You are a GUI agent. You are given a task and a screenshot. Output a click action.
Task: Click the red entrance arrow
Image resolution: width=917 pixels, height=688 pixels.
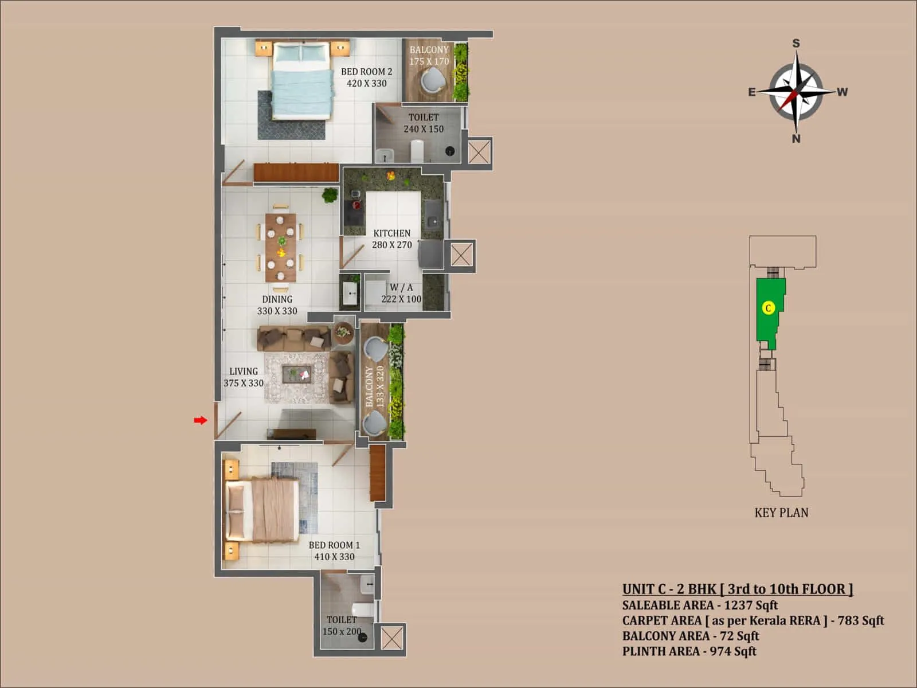[200, 421]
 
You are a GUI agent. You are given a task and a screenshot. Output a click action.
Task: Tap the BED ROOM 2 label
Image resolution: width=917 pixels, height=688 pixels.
[366, 77]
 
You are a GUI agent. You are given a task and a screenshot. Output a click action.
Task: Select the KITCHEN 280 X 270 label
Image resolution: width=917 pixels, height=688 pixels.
[392, 239]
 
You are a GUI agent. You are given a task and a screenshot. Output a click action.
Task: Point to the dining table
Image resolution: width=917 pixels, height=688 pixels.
[281, 247]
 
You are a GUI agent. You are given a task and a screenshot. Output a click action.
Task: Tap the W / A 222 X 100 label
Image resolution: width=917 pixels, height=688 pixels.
[401, 293]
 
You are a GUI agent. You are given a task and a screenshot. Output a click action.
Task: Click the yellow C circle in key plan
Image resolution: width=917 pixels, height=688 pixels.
[769, 308]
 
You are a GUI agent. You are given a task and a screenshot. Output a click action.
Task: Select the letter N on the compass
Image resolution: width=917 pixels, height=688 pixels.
[796, 138]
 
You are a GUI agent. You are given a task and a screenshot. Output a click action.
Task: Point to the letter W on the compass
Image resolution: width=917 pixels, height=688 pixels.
[842, 92]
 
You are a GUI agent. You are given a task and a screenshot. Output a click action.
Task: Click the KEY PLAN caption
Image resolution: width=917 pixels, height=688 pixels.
[781, 513]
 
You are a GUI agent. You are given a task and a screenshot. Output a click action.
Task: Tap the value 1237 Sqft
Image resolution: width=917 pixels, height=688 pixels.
[751, 605]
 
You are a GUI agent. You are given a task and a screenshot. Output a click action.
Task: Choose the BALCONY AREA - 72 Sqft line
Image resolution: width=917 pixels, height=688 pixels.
[691, 636]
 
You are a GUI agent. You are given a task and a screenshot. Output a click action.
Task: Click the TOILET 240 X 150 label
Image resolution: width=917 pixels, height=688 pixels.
[424, 123]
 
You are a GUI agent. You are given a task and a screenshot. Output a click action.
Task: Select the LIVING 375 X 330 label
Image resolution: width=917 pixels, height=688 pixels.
[244, 377]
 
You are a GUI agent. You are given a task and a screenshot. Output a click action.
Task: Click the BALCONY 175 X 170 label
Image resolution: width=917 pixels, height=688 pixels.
[429, 56]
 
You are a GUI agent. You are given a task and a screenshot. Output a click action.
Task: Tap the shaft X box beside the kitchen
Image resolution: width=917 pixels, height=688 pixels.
[461, 255]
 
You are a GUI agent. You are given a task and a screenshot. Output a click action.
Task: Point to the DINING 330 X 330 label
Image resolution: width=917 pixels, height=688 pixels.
[277, 305]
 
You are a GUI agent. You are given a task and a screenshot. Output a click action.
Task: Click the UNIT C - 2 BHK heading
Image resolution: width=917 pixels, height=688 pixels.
[737, 589]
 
